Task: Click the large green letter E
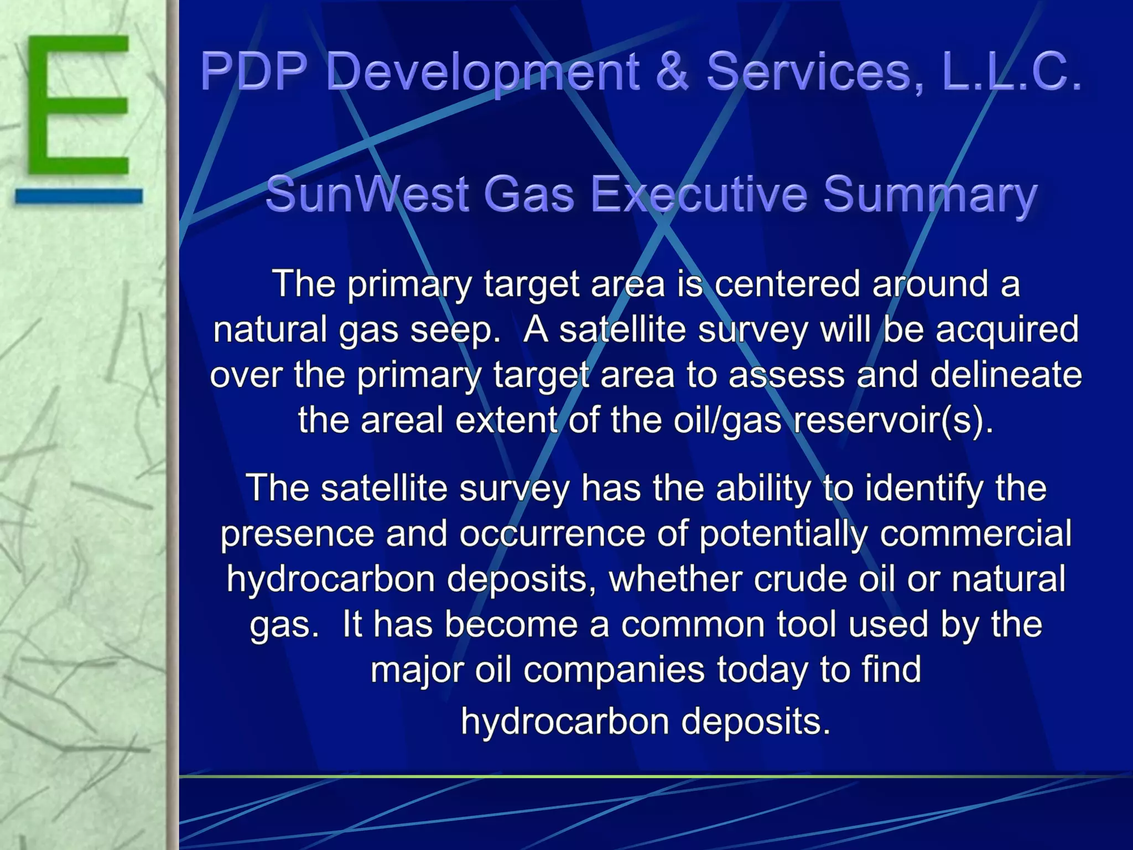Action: pos(77,105)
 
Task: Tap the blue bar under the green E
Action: pos(79,196)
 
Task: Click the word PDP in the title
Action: pos(254,71)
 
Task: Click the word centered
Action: pos(787,284)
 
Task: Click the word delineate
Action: pos(1006,375)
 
